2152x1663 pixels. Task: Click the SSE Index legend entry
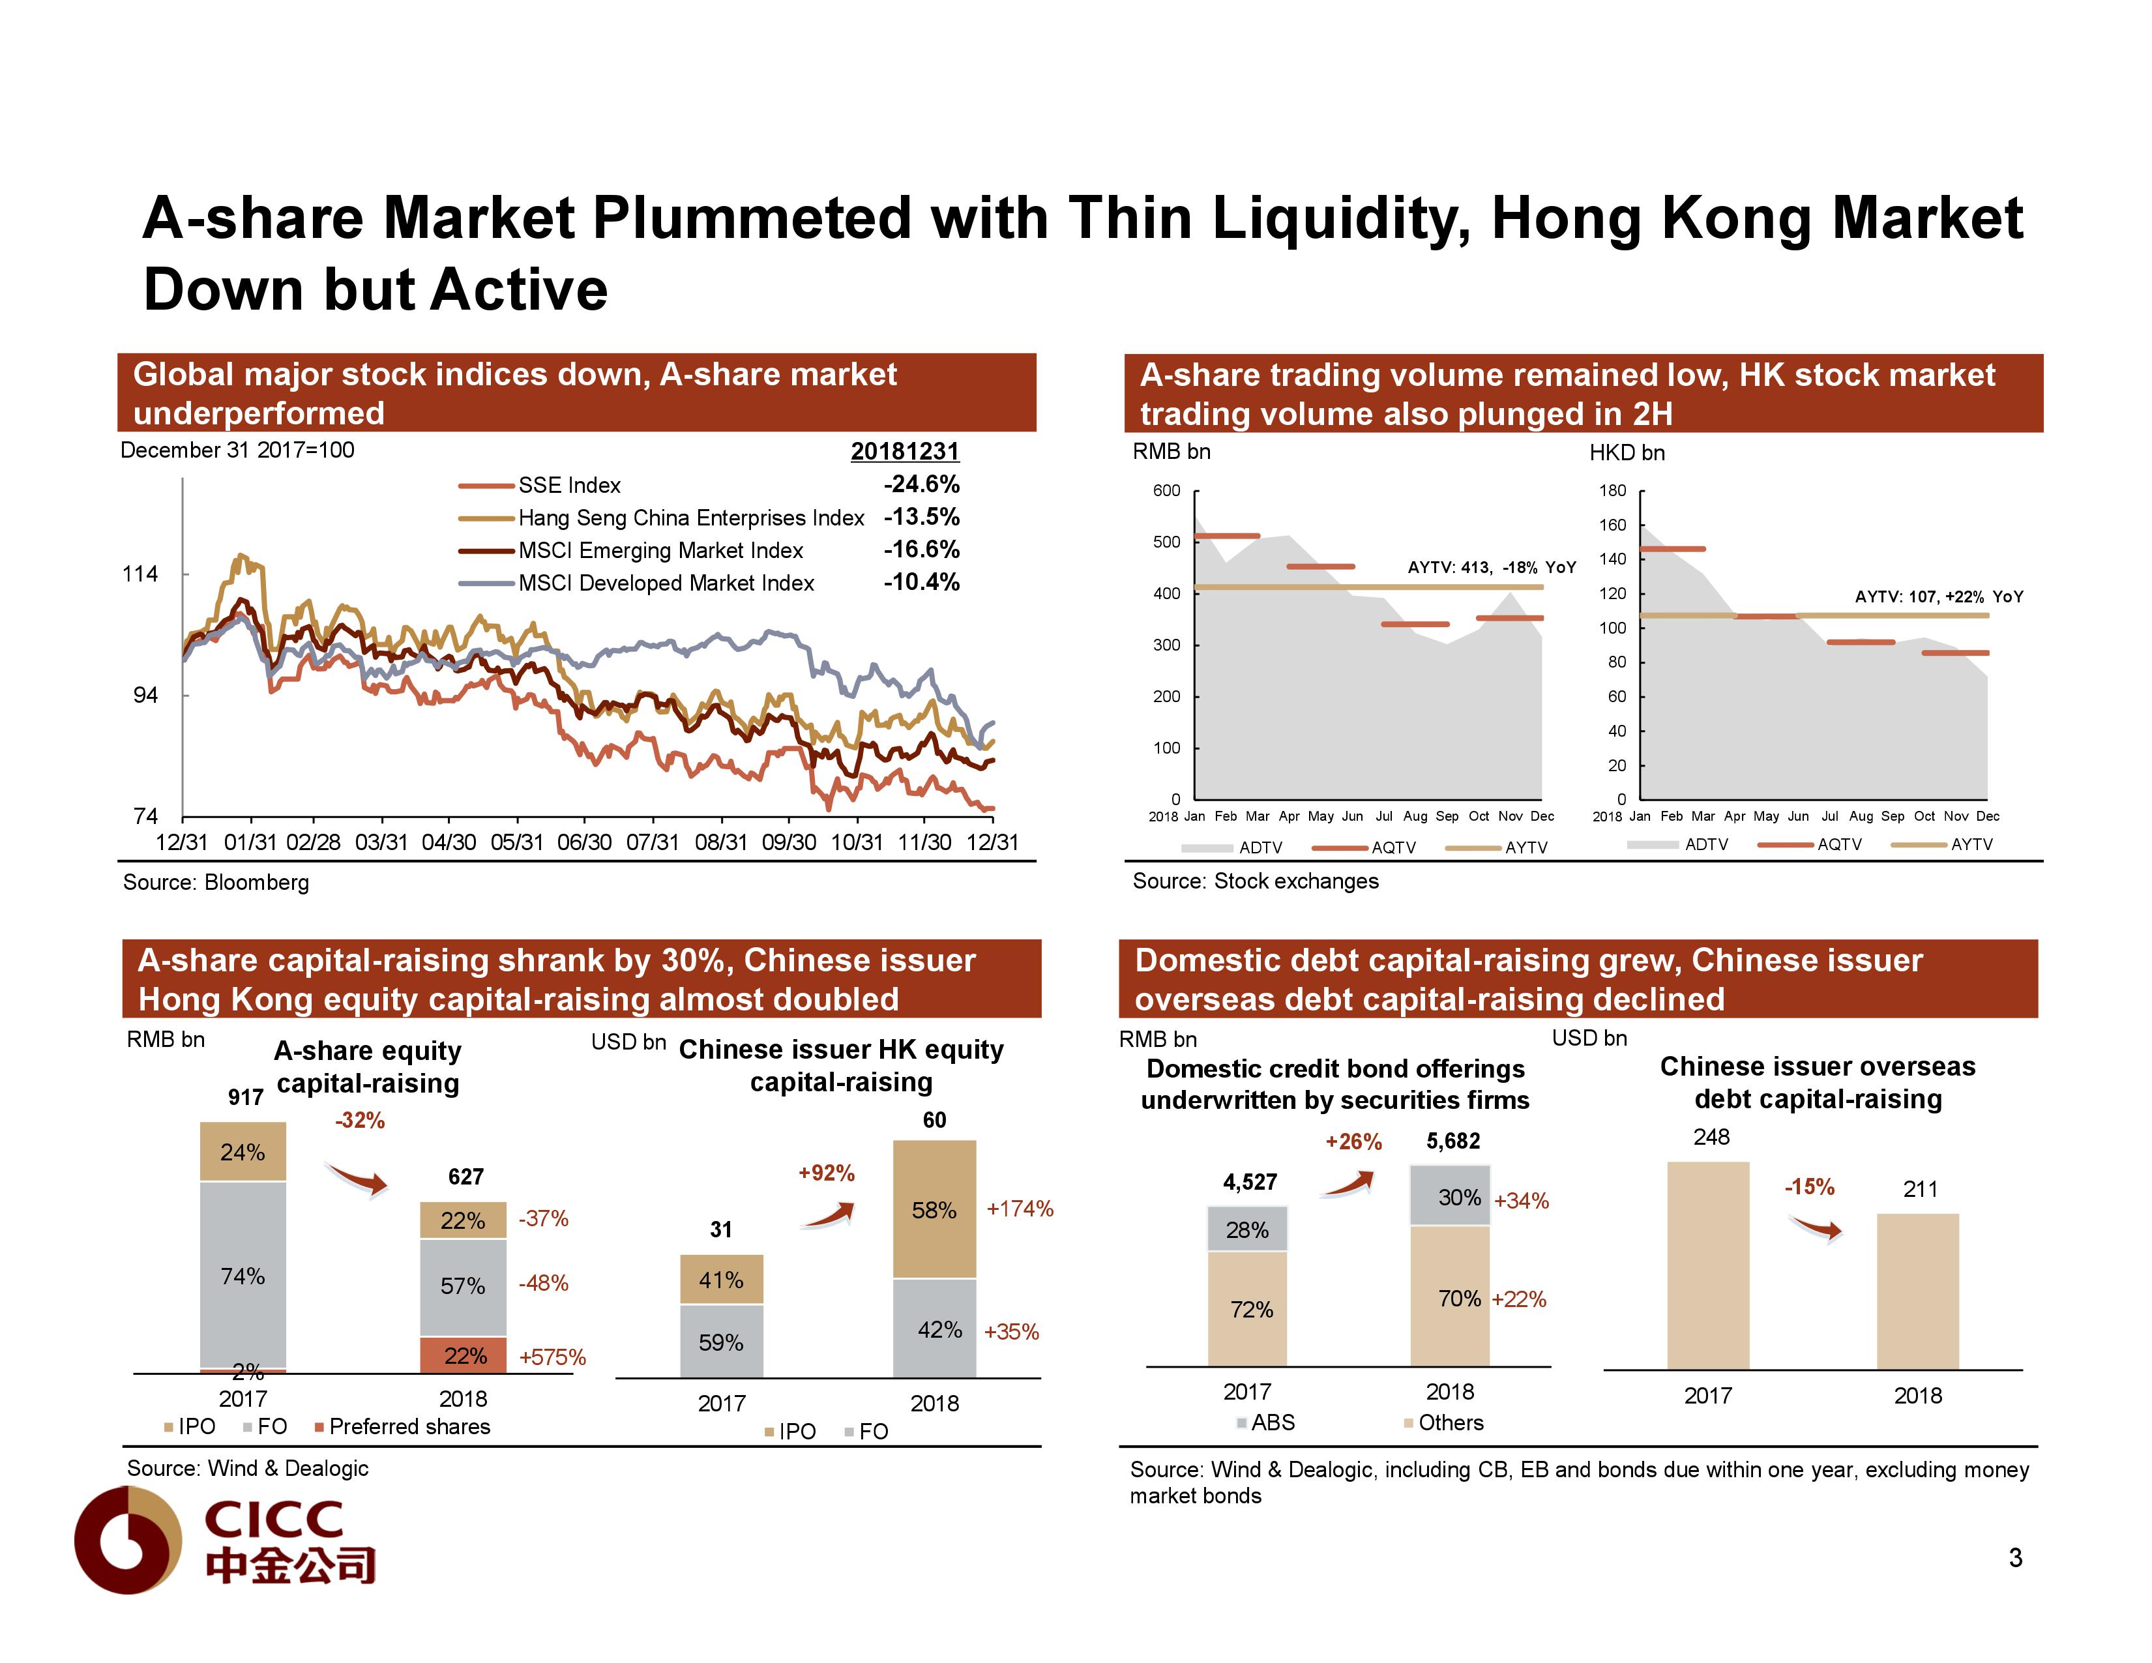[568, 486]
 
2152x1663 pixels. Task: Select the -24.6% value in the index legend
[921, 485]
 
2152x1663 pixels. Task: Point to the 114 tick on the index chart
[140, 574]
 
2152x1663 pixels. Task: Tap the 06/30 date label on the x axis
[584, 842]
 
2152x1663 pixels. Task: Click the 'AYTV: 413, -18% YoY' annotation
[1491, 567]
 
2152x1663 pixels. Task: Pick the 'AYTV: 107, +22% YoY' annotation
[1938, 597]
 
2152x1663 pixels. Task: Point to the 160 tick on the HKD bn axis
[1612, 525]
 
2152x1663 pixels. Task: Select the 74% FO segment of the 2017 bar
[243, 1276]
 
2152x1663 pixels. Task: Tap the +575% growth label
[552, 1358]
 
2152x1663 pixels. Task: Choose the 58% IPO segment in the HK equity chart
[934, 1210]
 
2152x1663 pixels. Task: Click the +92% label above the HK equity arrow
[826, 1173]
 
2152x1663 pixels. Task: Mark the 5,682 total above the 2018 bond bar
[1452, 1141]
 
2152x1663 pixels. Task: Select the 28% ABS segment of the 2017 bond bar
[1247, 1229]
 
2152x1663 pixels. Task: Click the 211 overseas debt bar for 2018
[1917, 1291]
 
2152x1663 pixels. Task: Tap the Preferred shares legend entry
[408, 1426]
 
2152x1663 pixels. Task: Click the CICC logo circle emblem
[128, 1540]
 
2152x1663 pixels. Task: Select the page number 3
[2015, 1557]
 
